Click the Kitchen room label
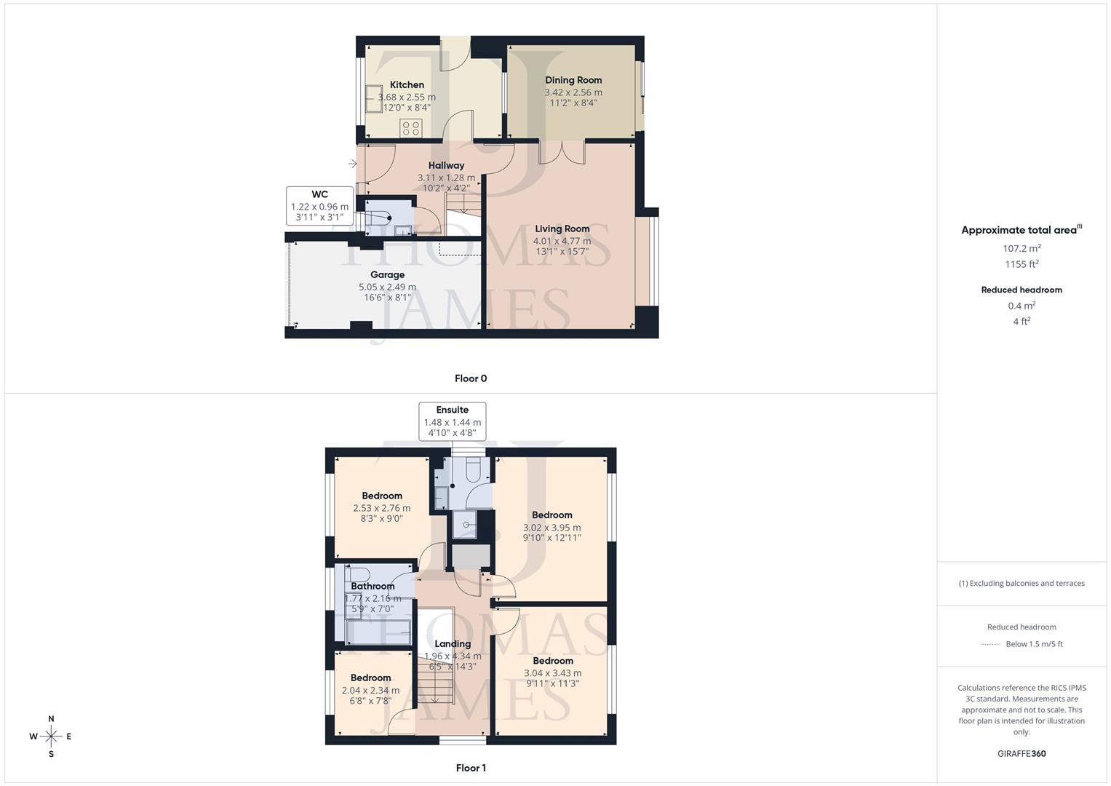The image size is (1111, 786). (407, 85)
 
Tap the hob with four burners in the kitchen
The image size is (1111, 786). (411, 129)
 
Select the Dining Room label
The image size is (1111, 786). (573, 80)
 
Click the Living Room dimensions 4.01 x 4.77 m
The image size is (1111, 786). (562, 241)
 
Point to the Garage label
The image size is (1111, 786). (387, 275)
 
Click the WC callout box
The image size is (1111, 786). (319, 206)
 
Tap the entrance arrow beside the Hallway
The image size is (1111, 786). (352, 164)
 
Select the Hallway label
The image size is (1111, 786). (446, 165)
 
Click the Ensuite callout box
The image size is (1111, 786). (452, 421)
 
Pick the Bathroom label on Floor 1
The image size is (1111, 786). (373, 586)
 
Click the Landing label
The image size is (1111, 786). (453, 643)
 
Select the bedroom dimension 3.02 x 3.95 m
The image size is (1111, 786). (551, 528)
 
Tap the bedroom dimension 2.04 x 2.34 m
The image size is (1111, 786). (370, 691)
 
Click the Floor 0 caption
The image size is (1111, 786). (471, 378)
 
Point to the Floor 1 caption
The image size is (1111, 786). (471, 768)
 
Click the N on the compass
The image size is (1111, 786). (51, 719)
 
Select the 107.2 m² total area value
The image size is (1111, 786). (1022, 248)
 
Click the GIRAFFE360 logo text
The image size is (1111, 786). (1022, 753)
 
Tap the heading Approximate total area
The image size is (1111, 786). (1019, 230)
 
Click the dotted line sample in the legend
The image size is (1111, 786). (990, 644)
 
